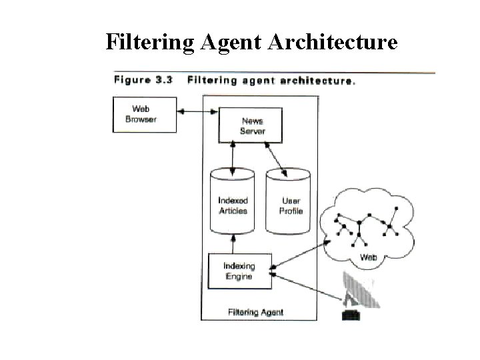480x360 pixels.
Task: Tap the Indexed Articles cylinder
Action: point(233,201)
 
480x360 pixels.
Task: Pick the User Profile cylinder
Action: point(289,201)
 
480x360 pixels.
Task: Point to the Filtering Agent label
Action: point(255,311)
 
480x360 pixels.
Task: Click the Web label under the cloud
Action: point(369,257)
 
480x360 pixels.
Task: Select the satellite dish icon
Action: point(361,290)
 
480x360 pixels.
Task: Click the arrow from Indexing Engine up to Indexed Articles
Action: point(233,243)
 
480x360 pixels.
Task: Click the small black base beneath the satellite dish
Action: point(351,313)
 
